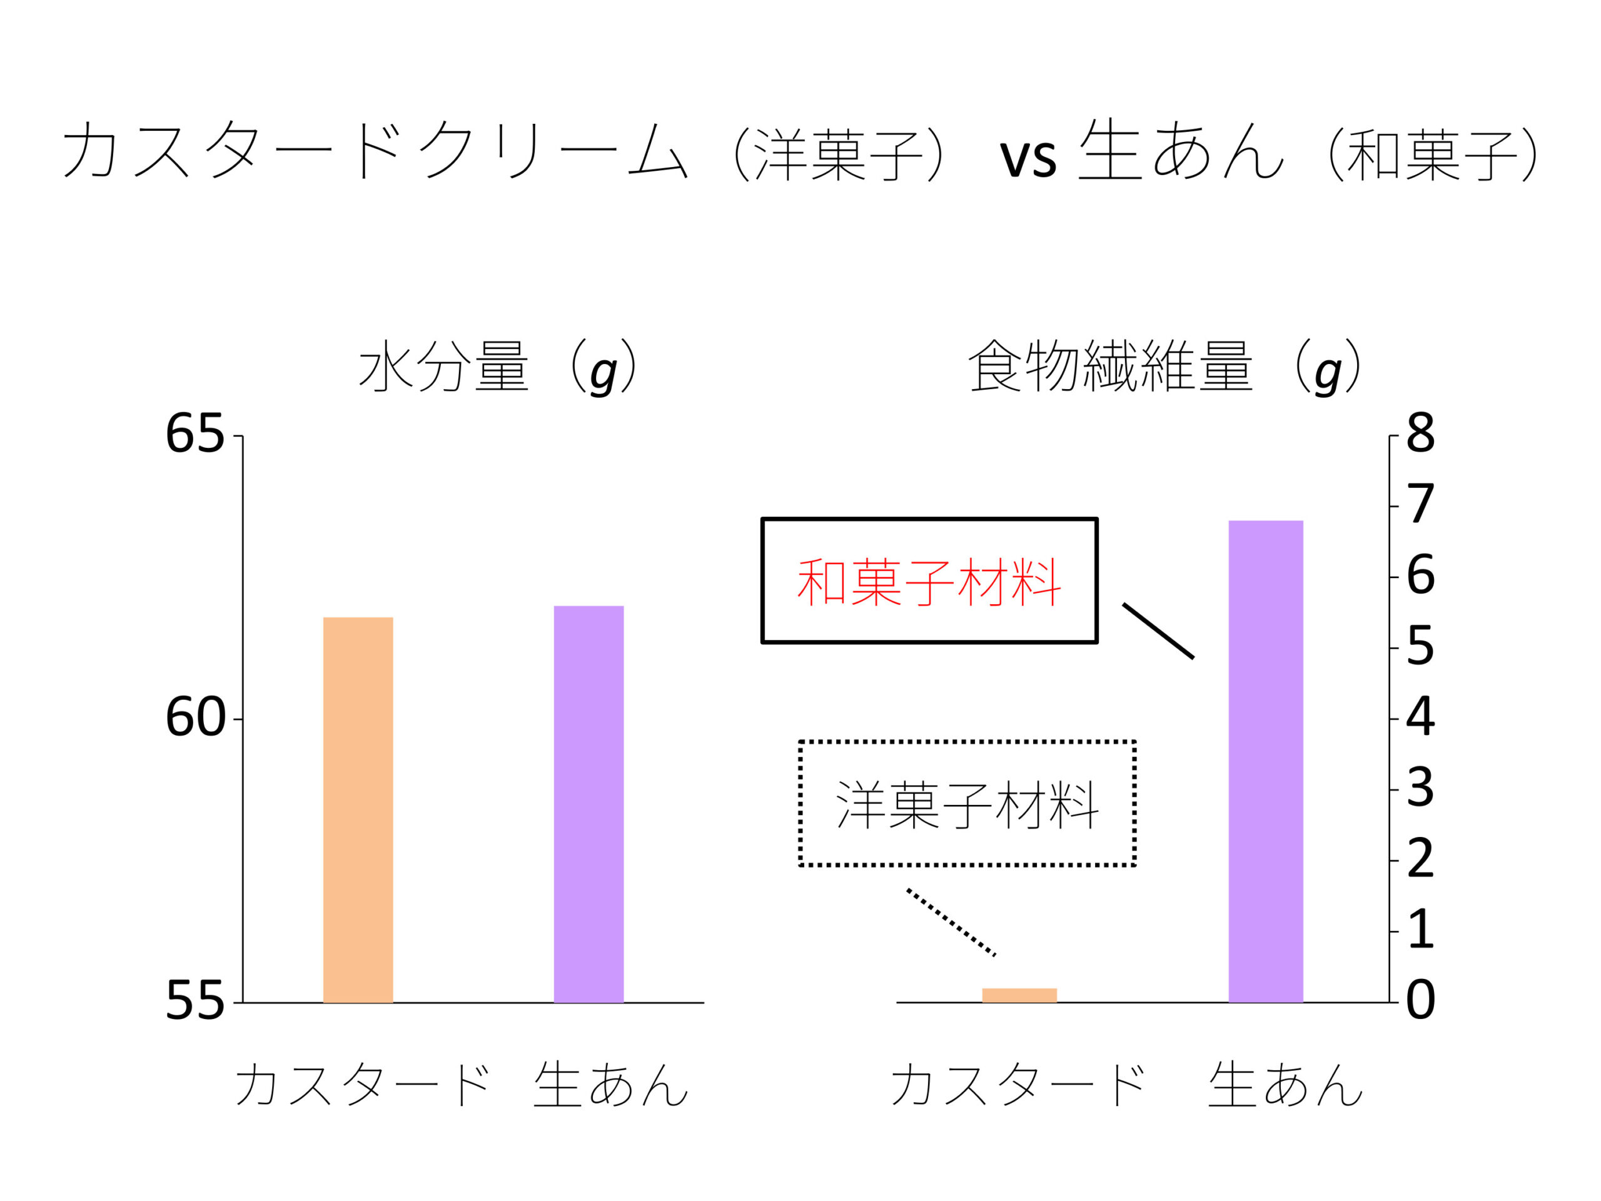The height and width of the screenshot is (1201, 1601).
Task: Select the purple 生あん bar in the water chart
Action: click(588, 804)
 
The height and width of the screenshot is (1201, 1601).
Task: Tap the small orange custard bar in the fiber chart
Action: click(1019, 995)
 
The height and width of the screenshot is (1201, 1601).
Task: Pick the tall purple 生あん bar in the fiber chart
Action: click(1266, 761)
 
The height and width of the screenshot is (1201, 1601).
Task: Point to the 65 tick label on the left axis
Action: click(194, 434)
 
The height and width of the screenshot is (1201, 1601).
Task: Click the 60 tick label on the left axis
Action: click(194, 718)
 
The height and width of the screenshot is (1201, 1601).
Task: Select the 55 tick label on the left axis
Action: click(194, 1002)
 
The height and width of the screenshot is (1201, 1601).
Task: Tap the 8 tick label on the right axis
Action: click(1420, 434)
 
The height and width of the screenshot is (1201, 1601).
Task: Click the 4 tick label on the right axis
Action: click(1420, 718)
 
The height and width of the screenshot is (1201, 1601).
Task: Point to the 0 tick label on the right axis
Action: click(1420, 1002)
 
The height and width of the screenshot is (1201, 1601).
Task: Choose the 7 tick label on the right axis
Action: click(1420, 505)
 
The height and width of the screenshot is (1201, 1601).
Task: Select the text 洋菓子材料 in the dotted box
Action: click(967, 804)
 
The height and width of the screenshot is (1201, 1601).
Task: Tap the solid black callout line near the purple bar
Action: click(1158, 631)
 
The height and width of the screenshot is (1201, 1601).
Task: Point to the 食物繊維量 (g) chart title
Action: click(1164, 367)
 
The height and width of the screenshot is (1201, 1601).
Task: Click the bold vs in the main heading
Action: click(1028, 157)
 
